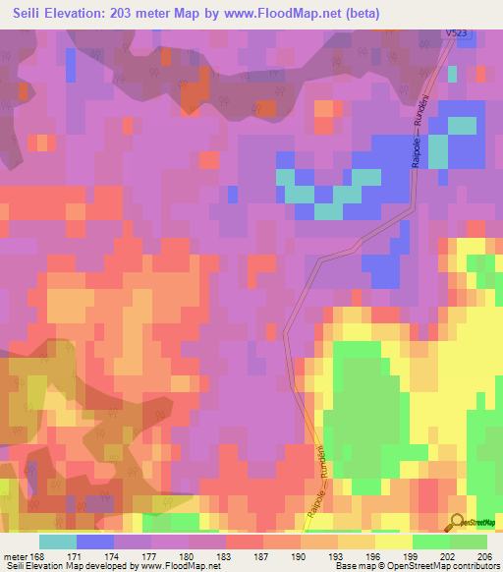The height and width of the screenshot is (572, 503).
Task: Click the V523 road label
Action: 457,33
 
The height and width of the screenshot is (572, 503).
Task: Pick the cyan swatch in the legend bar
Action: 58,542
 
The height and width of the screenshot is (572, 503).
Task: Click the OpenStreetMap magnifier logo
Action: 458,522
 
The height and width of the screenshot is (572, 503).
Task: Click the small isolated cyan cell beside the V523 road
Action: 452,73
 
